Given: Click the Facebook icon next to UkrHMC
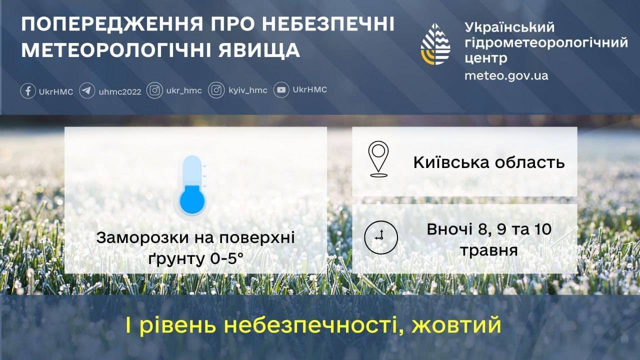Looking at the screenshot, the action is (x=28, y=91).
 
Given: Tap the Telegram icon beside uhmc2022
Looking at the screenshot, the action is (x=87, y=91).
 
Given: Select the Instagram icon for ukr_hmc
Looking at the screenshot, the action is (x=154, y=90).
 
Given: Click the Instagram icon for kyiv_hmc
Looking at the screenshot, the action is (x=216, y=90).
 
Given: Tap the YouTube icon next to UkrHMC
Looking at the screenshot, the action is (x=281, y=90).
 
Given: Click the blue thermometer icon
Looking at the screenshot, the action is (x=192, y=185).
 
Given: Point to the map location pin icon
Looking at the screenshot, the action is (x=378, y=159).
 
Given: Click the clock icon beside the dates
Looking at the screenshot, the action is (x=381, y=237).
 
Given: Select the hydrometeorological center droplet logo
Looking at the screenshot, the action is (x=435, y=44).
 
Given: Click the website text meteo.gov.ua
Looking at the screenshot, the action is (x=506, y=75).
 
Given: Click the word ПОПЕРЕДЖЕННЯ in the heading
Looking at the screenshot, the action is (x=112, y=24).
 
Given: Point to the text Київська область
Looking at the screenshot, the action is (x=489, y=162).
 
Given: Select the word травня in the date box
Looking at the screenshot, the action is (x=489, y=251).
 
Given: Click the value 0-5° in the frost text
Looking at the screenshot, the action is (x=226, y=259).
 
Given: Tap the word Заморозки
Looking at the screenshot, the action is (x=142, y=237).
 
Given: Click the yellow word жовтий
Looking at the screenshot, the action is (x=456, y=325).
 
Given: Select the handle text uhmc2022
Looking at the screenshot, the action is (x=120, y=91).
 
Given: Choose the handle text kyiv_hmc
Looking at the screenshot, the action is (x=248, y=90).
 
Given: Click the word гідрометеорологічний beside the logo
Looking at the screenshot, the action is (x=546, y=43).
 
